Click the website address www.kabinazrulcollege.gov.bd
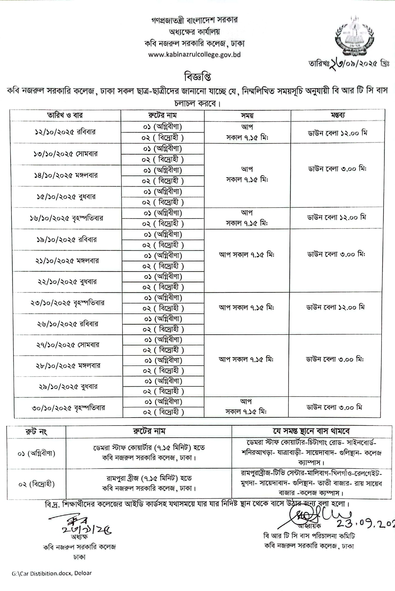pos(194,55)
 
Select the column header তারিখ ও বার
pos(65,115)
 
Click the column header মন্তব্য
pos(338,115)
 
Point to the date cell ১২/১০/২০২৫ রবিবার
pos(65,132)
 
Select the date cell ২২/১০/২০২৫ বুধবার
pos(67,282)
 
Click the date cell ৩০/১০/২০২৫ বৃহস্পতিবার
pos(68,408)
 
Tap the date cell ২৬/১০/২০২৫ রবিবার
pos(67,324)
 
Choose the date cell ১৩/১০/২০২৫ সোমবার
pos(66,154)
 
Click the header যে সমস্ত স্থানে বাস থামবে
pos(311,431)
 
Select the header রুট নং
pos(36,431)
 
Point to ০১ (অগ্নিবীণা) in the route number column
pos(36,453)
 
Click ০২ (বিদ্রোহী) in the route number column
pos(36,484)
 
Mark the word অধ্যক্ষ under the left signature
pos(79,537)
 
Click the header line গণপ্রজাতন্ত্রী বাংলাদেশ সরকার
pos(194,20)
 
